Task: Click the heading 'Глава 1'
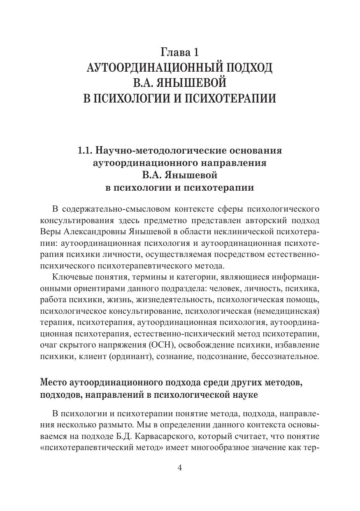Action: point(179,52)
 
